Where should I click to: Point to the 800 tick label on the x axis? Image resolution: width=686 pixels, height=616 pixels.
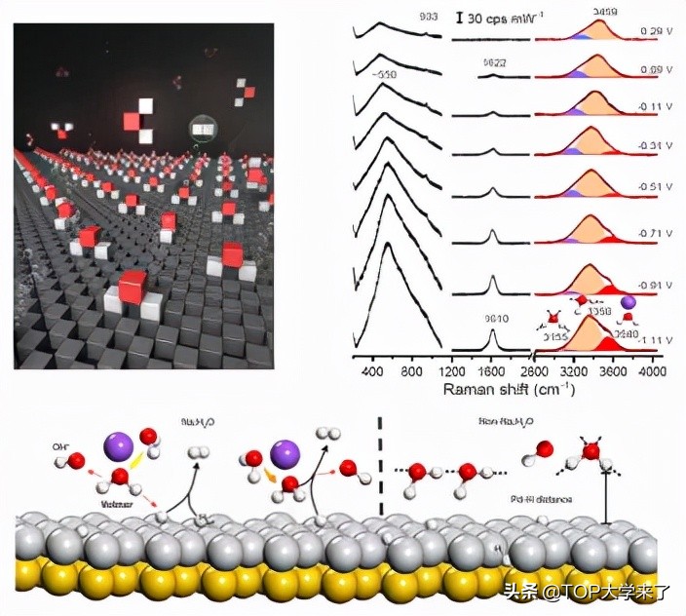(x=411, y=370)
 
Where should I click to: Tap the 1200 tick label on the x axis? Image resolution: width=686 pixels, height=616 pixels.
(x=451, y=370)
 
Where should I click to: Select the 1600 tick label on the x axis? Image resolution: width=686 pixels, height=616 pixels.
(x=492, y=370)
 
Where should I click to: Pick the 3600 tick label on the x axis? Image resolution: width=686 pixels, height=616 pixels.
(x=612, y=370)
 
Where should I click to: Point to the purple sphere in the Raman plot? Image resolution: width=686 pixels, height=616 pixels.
(x=628, y=304)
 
